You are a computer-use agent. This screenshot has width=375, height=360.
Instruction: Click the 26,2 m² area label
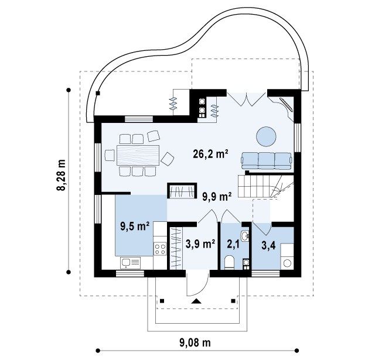(x=210, y=155)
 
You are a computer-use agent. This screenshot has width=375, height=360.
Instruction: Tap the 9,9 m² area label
(x=217, y=197)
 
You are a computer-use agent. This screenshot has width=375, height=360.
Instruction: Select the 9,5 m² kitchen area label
(x=135, y=226)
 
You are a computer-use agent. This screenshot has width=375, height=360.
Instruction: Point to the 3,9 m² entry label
(x=200, y=244)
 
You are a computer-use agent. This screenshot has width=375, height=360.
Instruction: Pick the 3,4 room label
(x=268, y=245)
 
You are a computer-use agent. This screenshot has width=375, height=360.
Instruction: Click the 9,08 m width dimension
(x=195, y=342)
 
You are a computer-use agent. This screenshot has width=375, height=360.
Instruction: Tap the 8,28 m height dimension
(x=61, y=175)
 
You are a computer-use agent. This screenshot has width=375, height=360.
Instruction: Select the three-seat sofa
(x=266, y=161)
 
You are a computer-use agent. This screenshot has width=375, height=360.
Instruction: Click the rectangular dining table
(x=138, y=155)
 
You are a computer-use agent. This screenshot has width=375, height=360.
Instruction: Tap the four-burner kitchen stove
(x=160, y=249)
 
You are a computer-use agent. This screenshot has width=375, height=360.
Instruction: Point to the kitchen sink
(x=131, y=263)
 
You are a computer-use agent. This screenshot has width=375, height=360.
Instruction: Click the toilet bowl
(x=230, y=262)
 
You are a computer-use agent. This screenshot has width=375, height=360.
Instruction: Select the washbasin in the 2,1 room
(x=245, y=236)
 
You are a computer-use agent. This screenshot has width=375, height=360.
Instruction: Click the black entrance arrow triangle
(x=196, y=301)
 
